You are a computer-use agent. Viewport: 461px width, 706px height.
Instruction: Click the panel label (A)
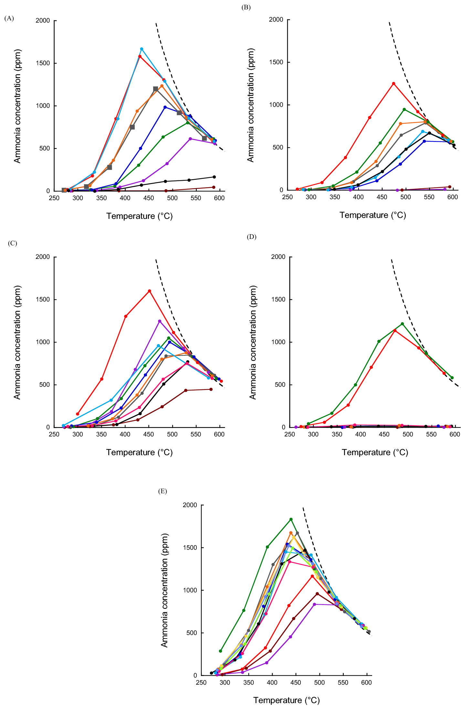point(9,18)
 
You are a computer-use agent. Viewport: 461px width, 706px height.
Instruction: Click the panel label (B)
point(246,7)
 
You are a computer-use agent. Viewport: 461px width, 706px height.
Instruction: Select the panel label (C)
point(12,243)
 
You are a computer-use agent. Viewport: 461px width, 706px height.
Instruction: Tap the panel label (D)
point(251,237)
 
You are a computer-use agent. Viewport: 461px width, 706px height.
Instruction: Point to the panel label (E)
point(162,491)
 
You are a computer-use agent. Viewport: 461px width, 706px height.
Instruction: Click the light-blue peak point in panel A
point(141,49)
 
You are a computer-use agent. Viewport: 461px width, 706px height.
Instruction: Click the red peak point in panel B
point(393,84)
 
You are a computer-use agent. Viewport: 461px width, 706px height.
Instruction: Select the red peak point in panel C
point(149,291)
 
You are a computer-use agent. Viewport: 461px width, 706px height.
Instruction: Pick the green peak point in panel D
point(402,324)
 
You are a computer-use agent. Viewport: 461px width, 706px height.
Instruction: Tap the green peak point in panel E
point(291,519)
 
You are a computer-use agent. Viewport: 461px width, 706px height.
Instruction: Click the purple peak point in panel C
point(160,321)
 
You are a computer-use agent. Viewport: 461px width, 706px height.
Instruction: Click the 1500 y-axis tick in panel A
point(43,63)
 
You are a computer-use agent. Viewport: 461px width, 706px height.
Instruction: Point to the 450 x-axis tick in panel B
point(382,197)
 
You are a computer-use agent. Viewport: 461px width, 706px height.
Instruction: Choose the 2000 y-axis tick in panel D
point(278,257)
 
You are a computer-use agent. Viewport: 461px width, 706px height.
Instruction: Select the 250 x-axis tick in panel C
point(54,435)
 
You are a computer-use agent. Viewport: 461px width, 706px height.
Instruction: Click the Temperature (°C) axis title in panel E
point(286,700)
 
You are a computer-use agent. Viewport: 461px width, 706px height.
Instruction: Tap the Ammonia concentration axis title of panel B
point(251,105)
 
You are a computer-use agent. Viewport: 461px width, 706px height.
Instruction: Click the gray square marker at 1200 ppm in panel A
point(156,89)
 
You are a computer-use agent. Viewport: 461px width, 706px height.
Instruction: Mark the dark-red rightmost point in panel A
point(214,187)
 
